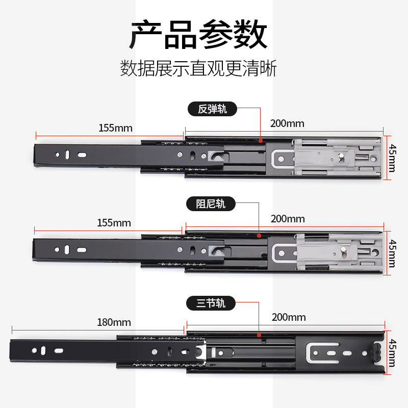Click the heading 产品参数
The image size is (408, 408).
pyautogui.click(x=198, y=34)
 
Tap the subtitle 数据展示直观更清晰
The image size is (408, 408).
pyautogui.click(x=198, y=68)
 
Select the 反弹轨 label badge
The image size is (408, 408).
pyautogui.click(x=213, y=109)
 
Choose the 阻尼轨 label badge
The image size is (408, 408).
pyautogui.click(x=211, y=204)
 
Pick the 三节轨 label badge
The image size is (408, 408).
pyautogui.click(x=211, y=303)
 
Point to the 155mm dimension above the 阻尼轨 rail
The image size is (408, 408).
pyautogui.click(x=114, y=223)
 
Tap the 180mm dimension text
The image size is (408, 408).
pyautogui.click(x=114, y=322)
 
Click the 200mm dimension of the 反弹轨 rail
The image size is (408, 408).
pyautogui.click(x=287, y=123)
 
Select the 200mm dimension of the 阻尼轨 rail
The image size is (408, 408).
pyautogui.click(x=288, y=219)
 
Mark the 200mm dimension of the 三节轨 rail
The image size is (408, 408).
pyautogui.click(x=289, y=317)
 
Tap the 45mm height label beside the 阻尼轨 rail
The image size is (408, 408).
pyautogui.click(x=392, y=253)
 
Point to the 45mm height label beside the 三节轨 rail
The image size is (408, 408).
pyautogui.click(x=392, y=353)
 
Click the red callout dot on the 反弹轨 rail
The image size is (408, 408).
pyautogui.click(x=260, y=140)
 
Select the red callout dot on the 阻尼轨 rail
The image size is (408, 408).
pyautogui.click(x=259, y=236)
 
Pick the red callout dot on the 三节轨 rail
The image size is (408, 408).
pyautogui.click(x=259, y=335)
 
